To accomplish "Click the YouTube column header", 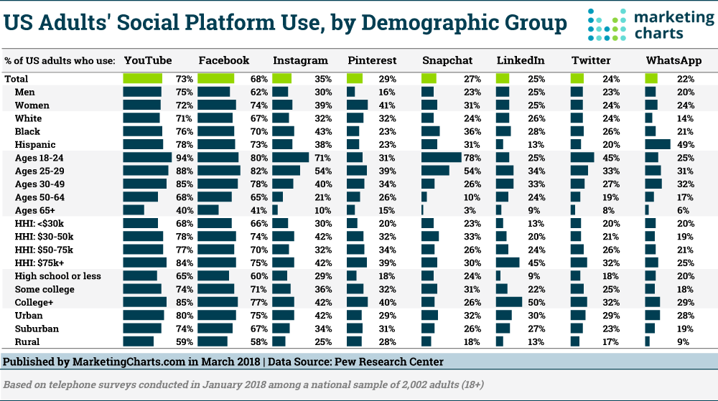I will pyautogui.click(x=148, y=61).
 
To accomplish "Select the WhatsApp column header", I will pyautogui.click(x=673, y=61).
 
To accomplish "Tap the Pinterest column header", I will pyautogui.click(x=369, y=61).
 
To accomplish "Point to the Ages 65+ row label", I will pyautogui.click(x=35, y=210).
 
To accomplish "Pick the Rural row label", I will pyautogui.click(x=27, y=341).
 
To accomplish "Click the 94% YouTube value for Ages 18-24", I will pyautogui.click(x=183, y=158).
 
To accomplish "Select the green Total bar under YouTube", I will pyautogui.click(x=143, y=79).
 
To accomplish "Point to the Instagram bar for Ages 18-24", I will pyautogui.click(x=290, y=158).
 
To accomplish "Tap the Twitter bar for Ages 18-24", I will pyautogui.click(x=582, y=158).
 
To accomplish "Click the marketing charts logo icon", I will pyautogui.click(x=602, y=24).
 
